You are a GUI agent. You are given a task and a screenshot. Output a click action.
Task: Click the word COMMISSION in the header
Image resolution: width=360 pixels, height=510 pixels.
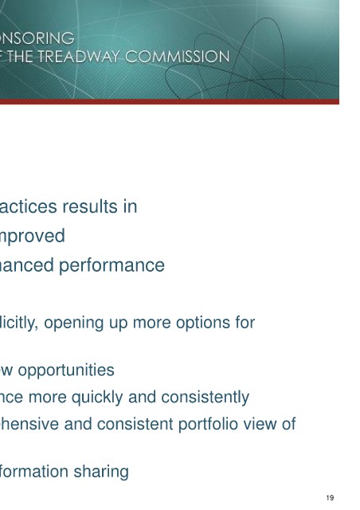click(x=178, y=57)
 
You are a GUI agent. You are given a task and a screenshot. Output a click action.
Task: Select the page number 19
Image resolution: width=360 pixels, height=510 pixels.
click(x=330, y=497)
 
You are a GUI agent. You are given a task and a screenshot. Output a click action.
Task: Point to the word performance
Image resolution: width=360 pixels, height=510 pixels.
click(x=112, y=266)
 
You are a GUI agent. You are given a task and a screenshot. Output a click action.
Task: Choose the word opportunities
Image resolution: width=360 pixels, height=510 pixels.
click(x=66, y=371)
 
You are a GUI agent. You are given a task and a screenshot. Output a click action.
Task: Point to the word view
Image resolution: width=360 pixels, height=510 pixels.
click(x=262, y=424)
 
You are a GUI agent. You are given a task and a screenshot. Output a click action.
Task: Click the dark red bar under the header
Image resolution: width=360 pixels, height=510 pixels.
click(x=170, y=101)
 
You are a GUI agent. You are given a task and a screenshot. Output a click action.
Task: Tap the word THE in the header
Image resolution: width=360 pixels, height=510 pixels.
click(x=20, y=57)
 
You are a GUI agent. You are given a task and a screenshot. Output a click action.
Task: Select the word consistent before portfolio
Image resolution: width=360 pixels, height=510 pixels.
click(x=135, y=424)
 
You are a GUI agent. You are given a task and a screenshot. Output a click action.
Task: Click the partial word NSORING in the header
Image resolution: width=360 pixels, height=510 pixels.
click(x=37, y=38)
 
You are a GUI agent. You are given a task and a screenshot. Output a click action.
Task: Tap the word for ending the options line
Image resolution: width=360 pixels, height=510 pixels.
click(x=245, y=323)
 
